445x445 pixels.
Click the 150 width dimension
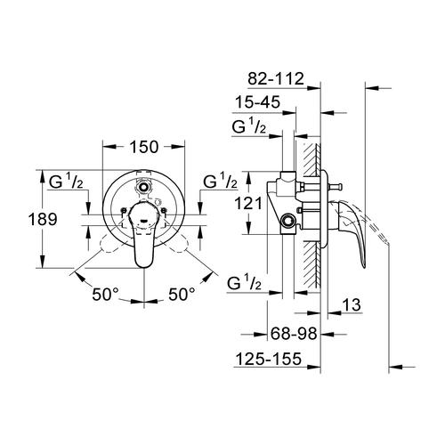point(144,147)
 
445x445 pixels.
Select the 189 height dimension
point(43,220)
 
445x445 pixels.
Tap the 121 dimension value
point(248,204)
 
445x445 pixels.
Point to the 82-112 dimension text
point(276,79)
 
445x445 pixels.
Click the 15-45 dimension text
point(258,102)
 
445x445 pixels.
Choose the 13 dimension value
point(352,304)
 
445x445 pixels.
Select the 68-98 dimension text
point(294,334)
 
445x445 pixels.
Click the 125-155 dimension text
point(269,359)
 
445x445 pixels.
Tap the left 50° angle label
point(105,295)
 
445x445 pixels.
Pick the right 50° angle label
point(182,295)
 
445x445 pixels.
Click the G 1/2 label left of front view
point(66,182)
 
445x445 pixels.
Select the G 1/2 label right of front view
point(220,182)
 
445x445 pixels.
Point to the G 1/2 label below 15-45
point(249,127)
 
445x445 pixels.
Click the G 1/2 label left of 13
point(245,283)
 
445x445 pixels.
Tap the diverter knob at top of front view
point(143,187)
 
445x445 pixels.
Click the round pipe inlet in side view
point(287,221)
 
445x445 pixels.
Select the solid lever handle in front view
point(144,234)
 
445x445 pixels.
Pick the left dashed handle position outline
point(114,241)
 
